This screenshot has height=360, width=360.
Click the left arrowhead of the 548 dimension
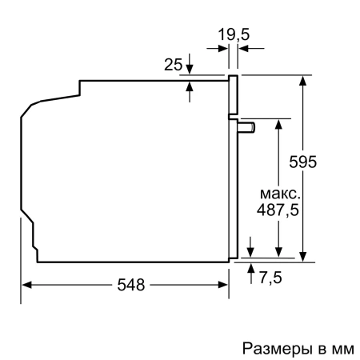[x=24, y=286]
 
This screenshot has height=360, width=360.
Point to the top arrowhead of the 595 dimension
[x=304, y=81]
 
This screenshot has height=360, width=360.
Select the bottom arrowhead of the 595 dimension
[x=304, y=256]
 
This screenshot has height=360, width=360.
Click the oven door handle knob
[x=248, y=126]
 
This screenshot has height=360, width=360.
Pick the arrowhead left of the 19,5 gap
[x=223, y=49]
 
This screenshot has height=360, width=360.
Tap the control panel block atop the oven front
[x=234, y=95]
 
